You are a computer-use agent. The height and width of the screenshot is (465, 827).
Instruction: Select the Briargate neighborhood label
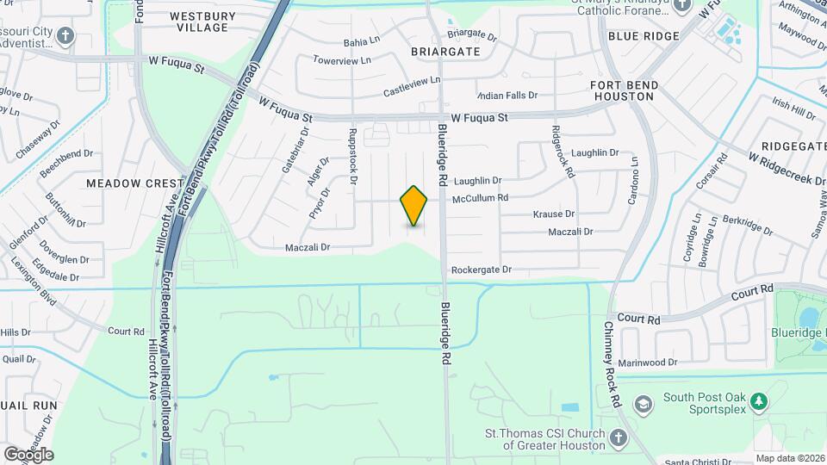tap(445, 52)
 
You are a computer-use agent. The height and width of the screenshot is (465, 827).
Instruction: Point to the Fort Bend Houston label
tap(624, 90)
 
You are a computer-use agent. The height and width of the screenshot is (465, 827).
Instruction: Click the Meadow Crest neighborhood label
tap(135, 183)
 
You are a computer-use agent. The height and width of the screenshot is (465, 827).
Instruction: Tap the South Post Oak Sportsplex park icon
tap(759, 402)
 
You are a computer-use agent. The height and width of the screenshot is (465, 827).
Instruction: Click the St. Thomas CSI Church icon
tap(618, 439)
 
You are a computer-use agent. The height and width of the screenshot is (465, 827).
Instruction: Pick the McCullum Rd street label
tap(480, 197)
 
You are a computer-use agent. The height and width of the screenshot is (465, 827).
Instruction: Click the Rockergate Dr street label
tap(481, 270)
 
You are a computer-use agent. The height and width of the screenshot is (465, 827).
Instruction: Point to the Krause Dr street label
tap(553, 214)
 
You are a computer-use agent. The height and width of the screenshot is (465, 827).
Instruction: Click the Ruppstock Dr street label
tap(352, 157)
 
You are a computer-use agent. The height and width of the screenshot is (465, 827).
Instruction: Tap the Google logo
tap(28, 455)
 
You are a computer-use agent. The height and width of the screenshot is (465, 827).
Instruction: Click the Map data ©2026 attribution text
tap(790, 458)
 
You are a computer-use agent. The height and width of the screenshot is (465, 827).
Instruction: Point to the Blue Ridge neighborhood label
tap(644, 36)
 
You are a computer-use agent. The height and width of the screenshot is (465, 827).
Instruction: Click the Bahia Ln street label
tap(362, 40)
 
